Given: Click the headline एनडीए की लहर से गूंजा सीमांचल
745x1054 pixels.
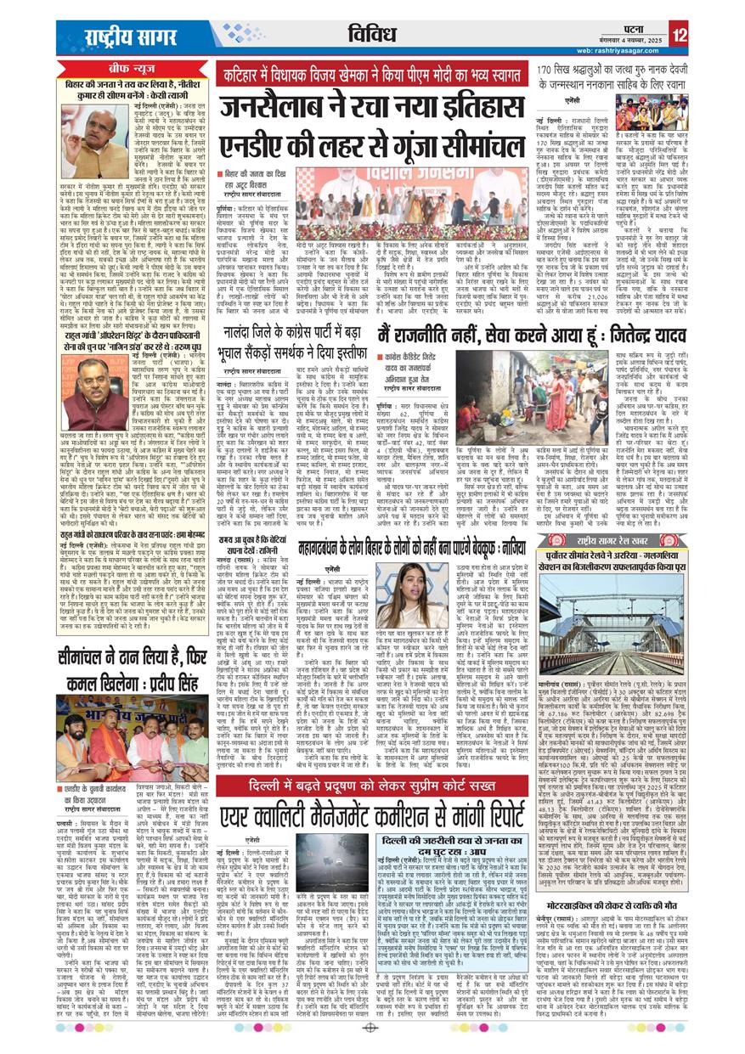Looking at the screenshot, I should [371, 144].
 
